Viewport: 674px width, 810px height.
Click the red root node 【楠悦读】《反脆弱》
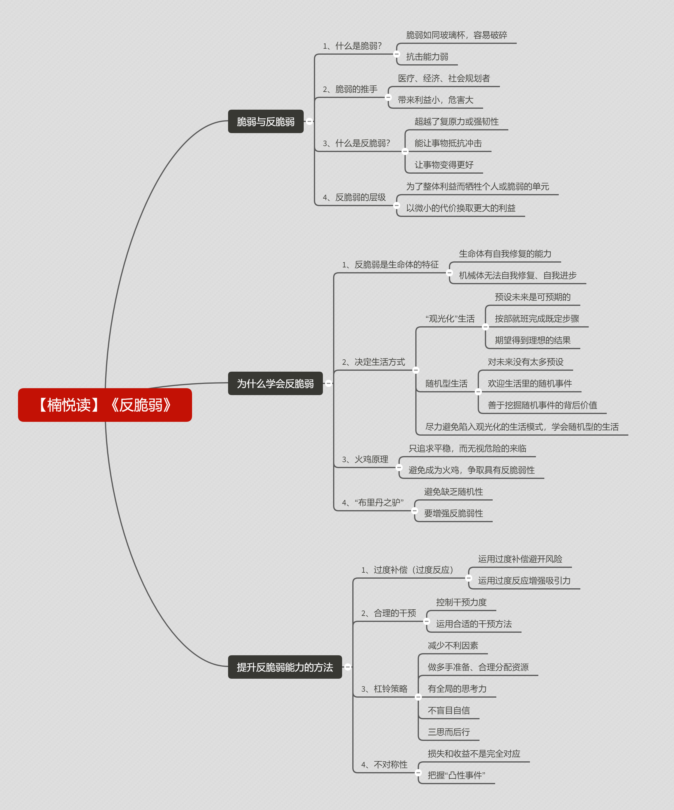tap(105, 405)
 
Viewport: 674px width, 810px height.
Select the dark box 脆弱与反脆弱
tap(266, 121)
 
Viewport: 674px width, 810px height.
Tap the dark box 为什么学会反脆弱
tap(275, 383)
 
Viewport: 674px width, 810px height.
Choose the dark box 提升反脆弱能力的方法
tap(285, 667)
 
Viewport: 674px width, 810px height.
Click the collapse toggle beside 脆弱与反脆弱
tap(309, 121)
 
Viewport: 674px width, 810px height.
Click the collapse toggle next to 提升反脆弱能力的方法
tap(348, 667)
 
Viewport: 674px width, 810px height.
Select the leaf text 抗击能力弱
tap(427, 57)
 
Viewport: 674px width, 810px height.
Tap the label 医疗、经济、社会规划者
tap(444, 78)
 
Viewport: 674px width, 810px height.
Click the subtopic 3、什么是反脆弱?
tap(357, 143)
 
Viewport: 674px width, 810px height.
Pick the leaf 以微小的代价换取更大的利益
tap(461, 208)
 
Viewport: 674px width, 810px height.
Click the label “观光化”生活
tap(450, 318)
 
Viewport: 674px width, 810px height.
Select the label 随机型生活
tap(446, 383)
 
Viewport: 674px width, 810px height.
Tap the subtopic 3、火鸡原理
tap(365, 459)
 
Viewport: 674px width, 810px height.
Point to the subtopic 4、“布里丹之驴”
tap(373, 502)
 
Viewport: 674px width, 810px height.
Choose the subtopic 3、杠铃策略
tap(384, 689)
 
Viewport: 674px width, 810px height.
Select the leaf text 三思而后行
tap(449, 732)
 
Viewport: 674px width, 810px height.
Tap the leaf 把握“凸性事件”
tap(456, 775)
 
